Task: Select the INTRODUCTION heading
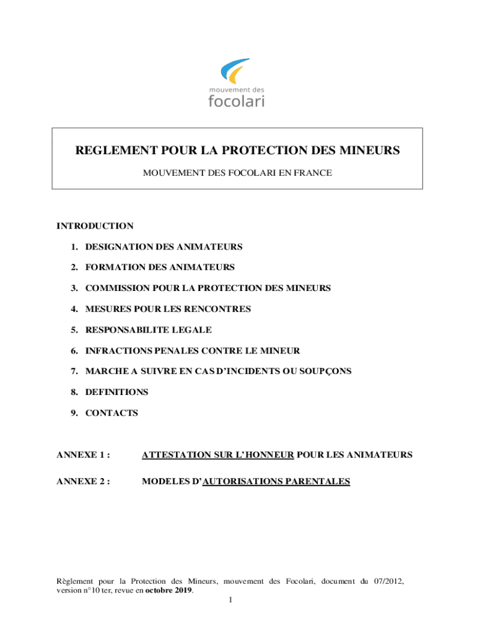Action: click(95, 226)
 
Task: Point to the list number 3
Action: click(74, 288)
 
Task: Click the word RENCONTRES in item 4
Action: click(220, 309)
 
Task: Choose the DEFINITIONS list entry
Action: click(116, 392)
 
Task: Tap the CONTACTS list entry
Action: click(112, 412)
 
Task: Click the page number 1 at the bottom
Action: click(230, 601)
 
